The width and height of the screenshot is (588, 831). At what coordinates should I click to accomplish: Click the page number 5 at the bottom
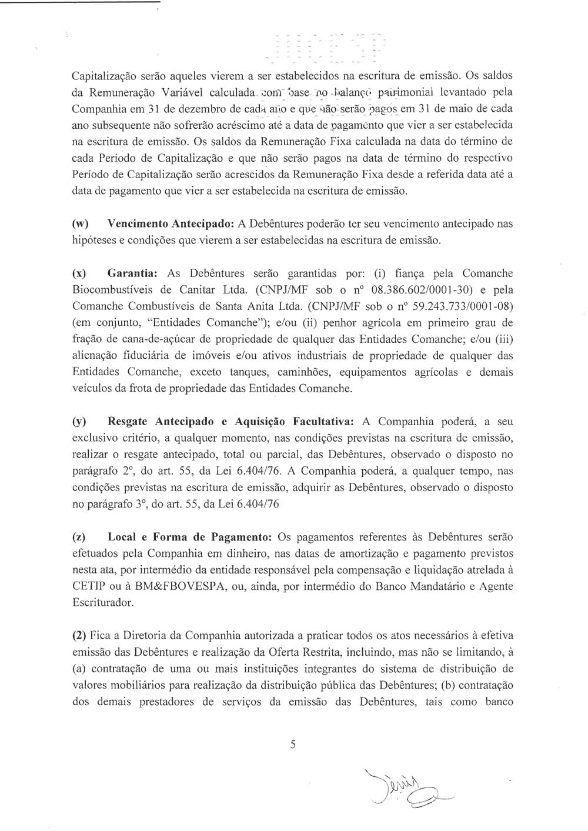point(292,745)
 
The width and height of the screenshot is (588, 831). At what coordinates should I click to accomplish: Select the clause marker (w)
point(80,224)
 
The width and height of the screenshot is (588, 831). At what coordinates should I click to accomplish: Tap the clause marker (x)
point(79,273)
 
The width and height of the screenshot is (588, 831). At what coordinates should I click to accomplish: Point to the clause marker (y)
point(79,422)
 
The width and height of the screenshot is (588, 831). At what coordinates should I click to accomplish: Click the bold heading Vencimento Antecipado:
point(171,224)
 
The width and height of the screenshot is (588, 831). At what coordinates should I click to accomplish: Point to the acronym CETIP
point(89,586)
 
